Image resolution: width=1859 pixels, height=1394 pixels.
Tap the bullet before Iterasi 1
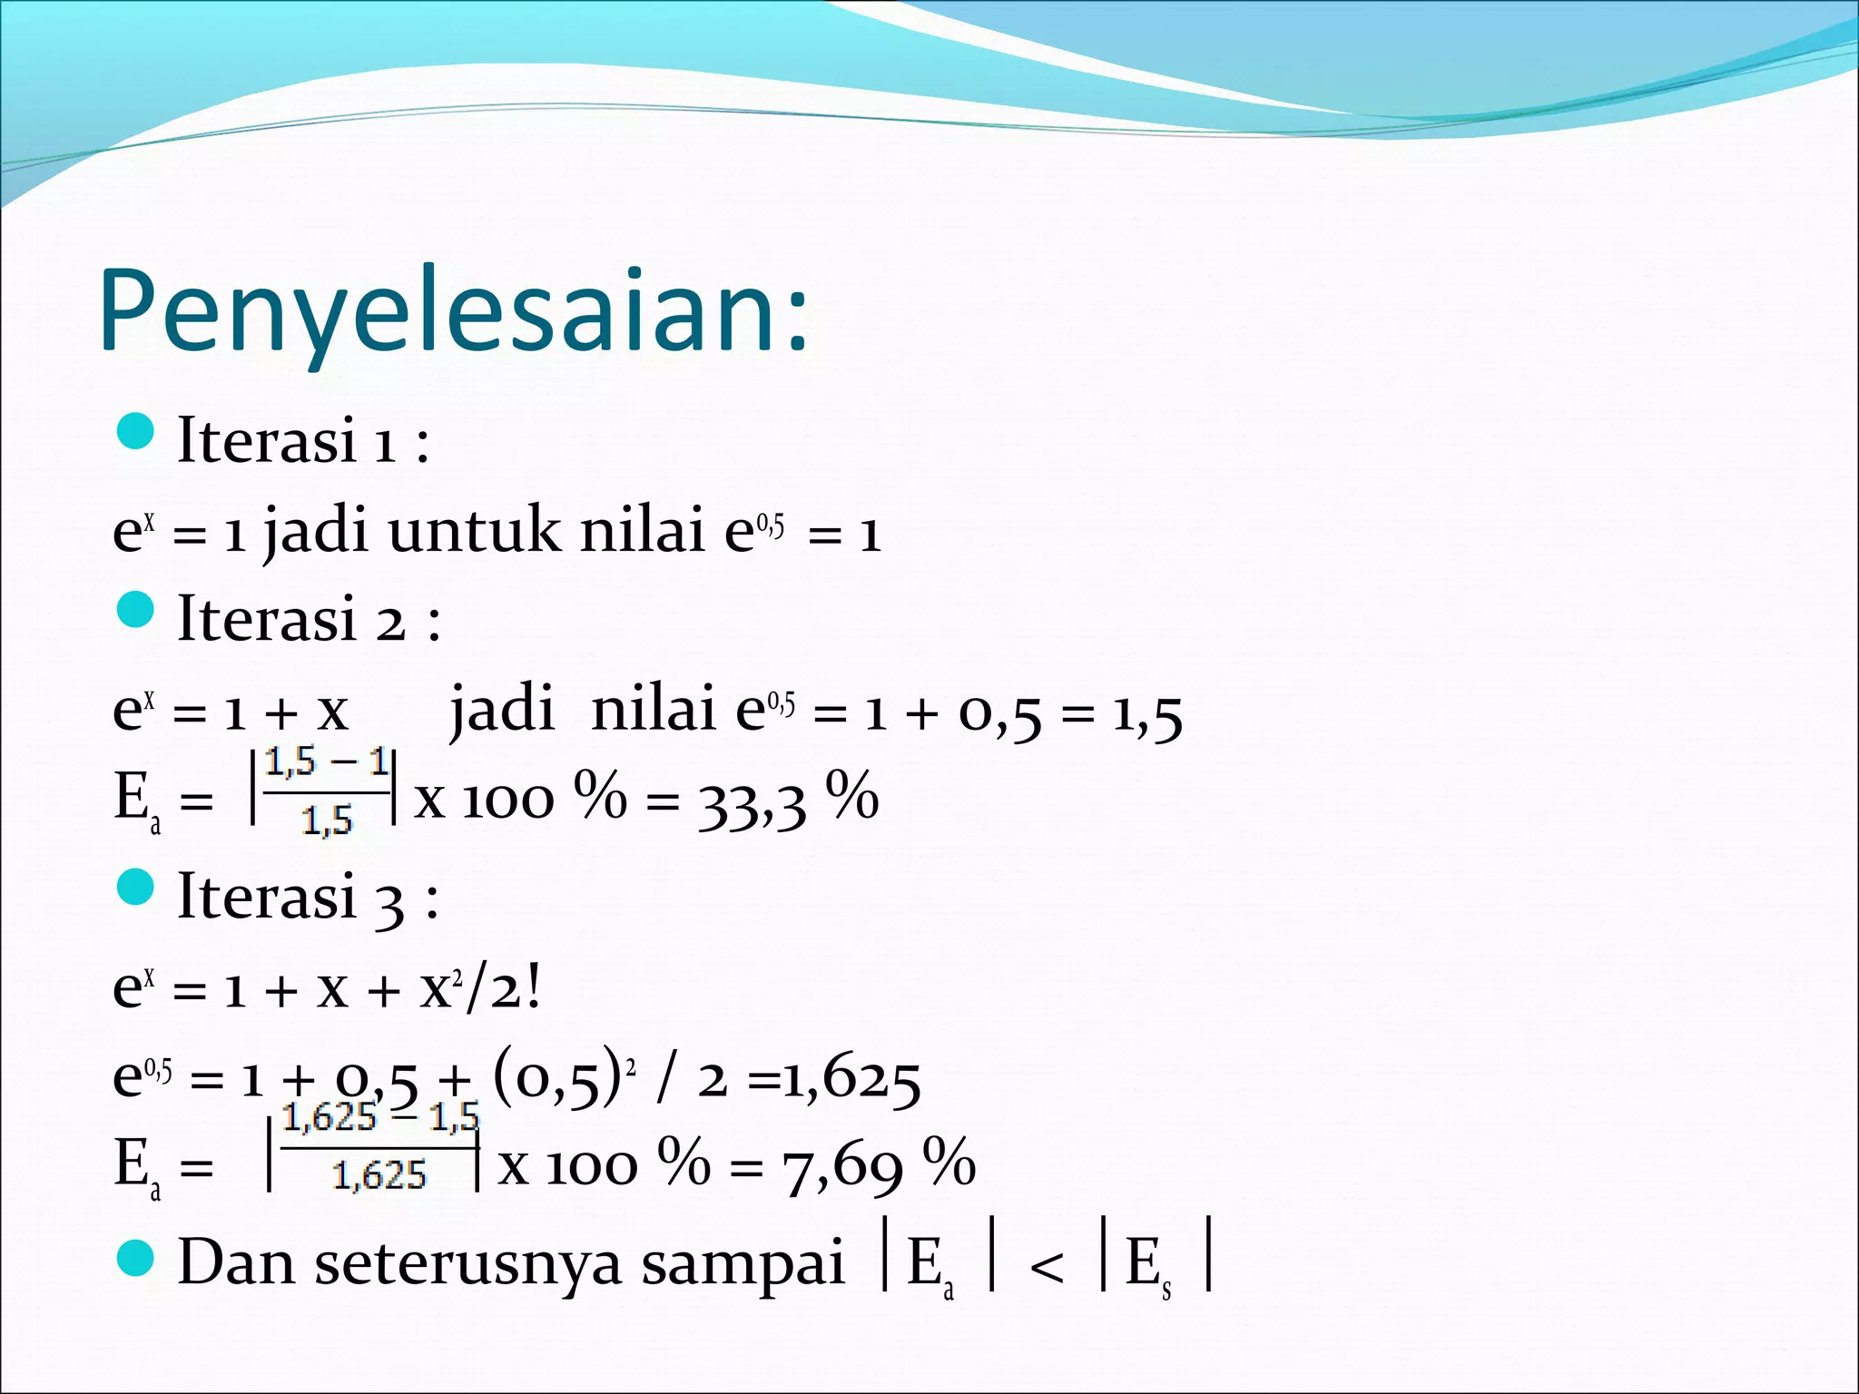136,431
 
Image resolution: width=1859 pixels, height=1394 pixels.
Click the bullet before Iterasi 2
136,610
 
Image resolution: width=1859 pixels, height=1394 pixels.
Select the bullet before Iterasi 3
136,887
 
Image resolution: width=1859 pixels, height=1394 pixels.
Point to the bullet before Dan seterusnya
136,1258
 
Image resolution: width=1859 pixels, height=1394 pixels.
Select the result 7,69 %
879,1165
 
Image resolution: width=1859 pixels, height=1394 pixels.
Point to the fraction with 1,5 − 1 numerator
326,792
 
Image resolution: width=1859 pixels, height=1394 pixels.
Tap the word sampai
743,1263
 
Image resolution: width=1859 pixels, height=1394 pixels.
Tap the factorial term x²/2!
481,988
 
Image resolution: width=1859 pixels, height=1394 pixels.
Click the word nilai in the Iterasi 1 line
642,531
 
